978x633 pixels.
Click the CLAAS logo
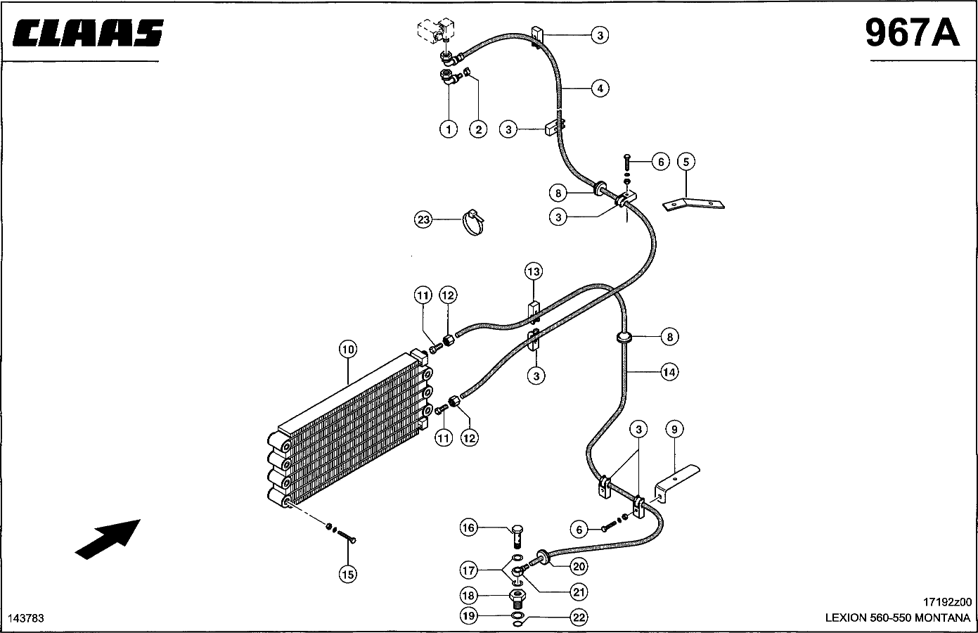88,32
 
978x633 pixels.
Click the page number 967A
912,33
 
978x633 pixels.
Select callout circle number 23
423,219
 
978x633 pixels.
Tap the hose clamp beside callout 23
473,222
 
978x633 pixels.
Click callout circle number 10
348,350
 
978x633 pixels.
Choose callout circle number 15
348,574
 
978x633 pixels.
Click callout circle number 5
686,162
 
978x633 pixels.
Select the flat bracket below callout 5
694,204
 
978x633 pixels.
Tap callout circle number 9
674,430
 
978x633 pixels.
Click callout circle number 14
669,372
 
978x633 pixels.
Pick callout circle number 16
468,527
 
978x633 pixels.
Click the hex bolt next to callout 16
517,536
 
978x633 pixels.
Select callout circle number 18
468,595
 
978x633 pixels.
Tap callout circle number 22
579,618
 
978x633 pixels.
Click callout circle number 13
534,271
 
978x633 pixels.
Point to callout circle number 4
600,88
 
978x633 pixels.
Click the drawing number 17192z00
947,602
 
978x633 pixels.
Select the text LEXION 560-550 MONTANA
898,618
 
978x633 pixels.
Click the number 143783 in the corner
26,619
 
